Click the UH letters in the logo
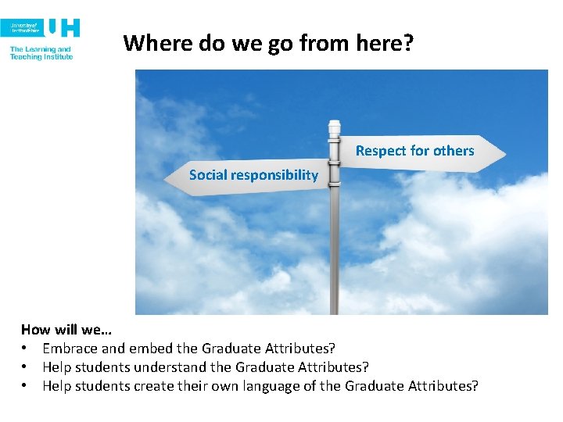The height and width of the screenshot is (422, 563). coord(63,28)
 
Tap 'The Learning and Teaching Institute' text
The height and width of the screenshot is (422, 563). coord(41,53)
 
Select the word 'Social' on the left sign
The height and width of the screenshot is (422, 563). coord(207,175)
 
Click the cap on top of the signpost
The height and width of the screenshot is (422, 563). coord(335,125)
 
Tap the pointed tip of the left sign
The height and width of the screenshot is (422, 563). coord(166,177)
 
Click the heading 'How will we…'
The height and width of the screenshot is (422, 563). coord(66,330)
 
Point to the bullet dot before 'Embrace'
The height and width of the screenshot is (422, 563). coord(26,349)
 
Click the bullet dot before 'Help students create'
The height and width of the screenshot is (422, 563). coord(26,386)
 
